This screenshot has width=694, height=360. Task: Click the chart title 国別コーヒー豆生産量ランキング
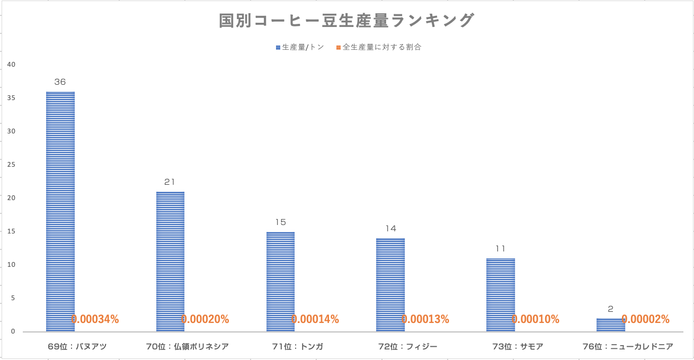click(x=346, y=21)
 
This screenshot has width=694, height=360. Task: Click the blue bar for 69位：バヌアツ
click(x=60, y=212)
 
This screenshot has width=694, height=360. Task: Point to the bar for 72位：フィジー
click(x=390, y=285)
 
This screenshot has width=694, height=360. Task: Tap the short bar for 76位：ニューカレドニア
click(x=610, y=325)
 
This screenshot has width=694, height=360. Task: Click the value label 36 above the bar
click(x=60, y=82)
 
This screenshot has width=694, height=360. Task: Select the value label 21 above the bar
click(x=170, y=182)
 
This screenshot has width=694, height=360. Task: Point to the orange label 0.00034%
click(x=95, y=319)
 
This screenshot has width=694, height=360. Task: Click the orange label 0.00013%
click(x=425, y=319)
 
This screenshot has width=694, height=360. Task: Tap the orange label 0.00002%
click(x=645, y=319)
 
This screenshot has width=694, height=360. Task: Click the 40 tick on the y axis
click(x=11, y=65)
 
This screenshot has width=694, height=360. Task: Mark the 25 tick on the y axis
click(x=11, y=165)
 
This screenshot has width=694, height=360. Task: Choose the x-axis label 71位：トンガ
click(x=297, y=347)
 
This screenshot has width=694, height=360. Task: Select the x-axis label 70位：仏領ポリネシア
click(x=188, y=347)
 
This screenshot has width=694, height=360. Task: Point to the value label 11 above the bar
click(x=500, y=249)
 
